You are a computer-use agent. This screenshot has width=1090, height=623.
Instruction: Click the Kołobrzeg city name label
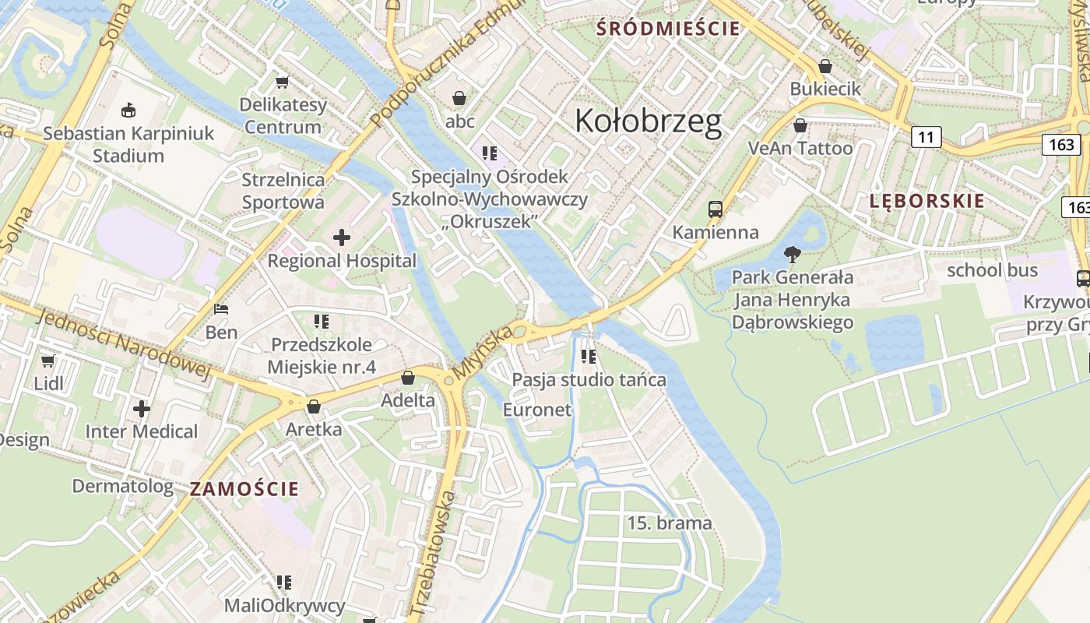pyautogui.click(x=648, y=121)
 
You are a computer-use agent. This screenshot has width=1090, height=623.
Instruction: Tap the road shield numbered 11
pyautogui.click(x=926, y=138)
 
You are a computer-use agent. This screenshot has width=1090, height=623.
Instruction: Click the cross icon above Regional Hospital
pyautogui.click(x=342, y=238)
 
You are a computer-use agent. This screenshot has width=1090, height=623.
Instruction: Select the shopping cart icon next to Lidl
pyautogui.click(x=47, y=361)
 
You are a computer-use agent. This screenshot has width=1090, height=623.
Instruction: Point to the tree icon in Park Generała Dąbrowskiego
pyautogui.click(x=793, y=254)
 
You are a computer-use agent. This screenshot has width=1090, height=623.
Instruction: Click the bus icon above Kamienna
pyautogui.click(x=716, y=209)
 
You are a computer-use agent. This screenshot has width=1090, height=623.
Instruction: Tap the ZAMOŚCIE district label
pyautogui.click(x=244, y=489)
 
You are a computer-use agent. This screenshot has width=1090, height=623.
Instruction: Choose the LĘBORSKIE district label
pyautogui.click(x=926, y=201)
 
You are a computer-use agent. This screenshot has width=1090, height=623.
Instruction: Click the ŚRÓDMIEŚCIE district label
pyautogui.click(x=668, y=29)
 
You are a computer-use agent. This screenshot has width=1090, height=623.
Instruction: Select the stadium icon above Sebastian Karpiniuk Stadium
pyautogui.click(x=128, y=110)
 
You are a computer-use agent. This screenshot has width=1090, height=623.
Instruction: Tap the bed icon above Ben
pyautogui.click(x=221, y=309)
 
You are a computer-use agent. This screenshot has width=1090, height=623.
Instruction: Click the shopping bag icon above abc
pyautogui.click(x=459, y=98)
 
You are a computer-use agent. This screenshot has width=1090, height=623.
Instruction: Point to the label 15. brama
pyautogui.click(x=670, y=523)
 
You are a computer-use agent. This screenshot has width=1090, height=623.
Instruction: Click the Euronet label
pyautogui.click(x=537, y=410)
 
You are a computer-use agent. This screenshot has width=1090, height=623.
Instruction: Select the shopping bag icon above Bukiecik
pyautogui.click(x=825, y=66)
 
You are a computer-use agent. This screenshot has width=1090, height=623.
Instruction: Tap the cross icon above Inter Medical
pyautogui.click(x=142, y=408)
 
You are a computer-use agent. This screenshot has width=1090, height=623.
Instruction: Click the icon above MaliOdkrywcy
pyautogui.click(x=284, y=582)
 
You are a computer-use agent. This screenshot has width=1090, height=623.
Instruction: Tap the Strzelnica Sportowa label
pyautogui.click(x=283, y=191)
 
